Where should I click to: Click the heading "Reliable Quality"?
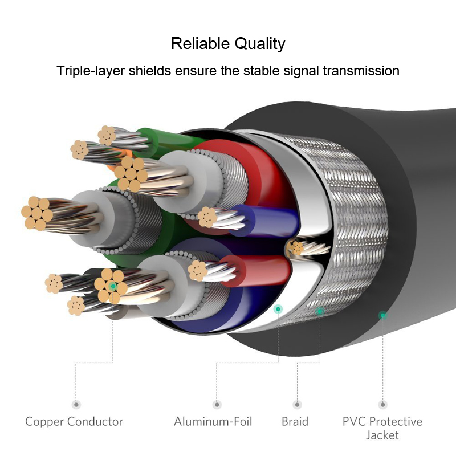click(228, 44)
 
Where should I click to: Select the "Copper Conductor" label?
click(74, 421)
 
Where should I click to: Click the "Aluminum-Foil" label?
click(213, 421)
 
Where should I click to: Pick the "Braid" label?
click(295, 421)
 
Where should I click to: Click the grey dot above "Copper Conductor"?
click(76, 404)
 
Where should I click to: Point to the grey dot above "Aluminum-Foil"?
click(217, 404)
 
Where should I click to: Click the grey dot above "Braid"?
click(297, 404)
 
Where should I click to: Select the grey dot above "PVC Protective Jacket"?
click(382, 404)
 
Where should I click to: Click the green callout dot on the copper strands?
click(112, 286)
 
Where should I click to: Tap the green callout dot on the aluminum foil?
click(278, 309)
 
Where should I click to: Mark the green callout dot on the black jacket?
click(382, 315)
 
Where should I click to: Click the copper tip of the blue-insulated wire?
click(207, 217)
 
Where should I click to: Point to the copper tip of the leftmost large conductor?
click(37, 214)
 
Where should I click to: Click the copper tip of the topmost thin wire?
click(107, 136)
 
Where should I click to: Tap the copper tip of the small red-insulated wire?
click(198, 271)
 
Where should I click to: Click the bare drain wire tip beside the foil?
click(295, 249)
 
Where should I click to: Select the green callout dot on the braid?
click(320, 311)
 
